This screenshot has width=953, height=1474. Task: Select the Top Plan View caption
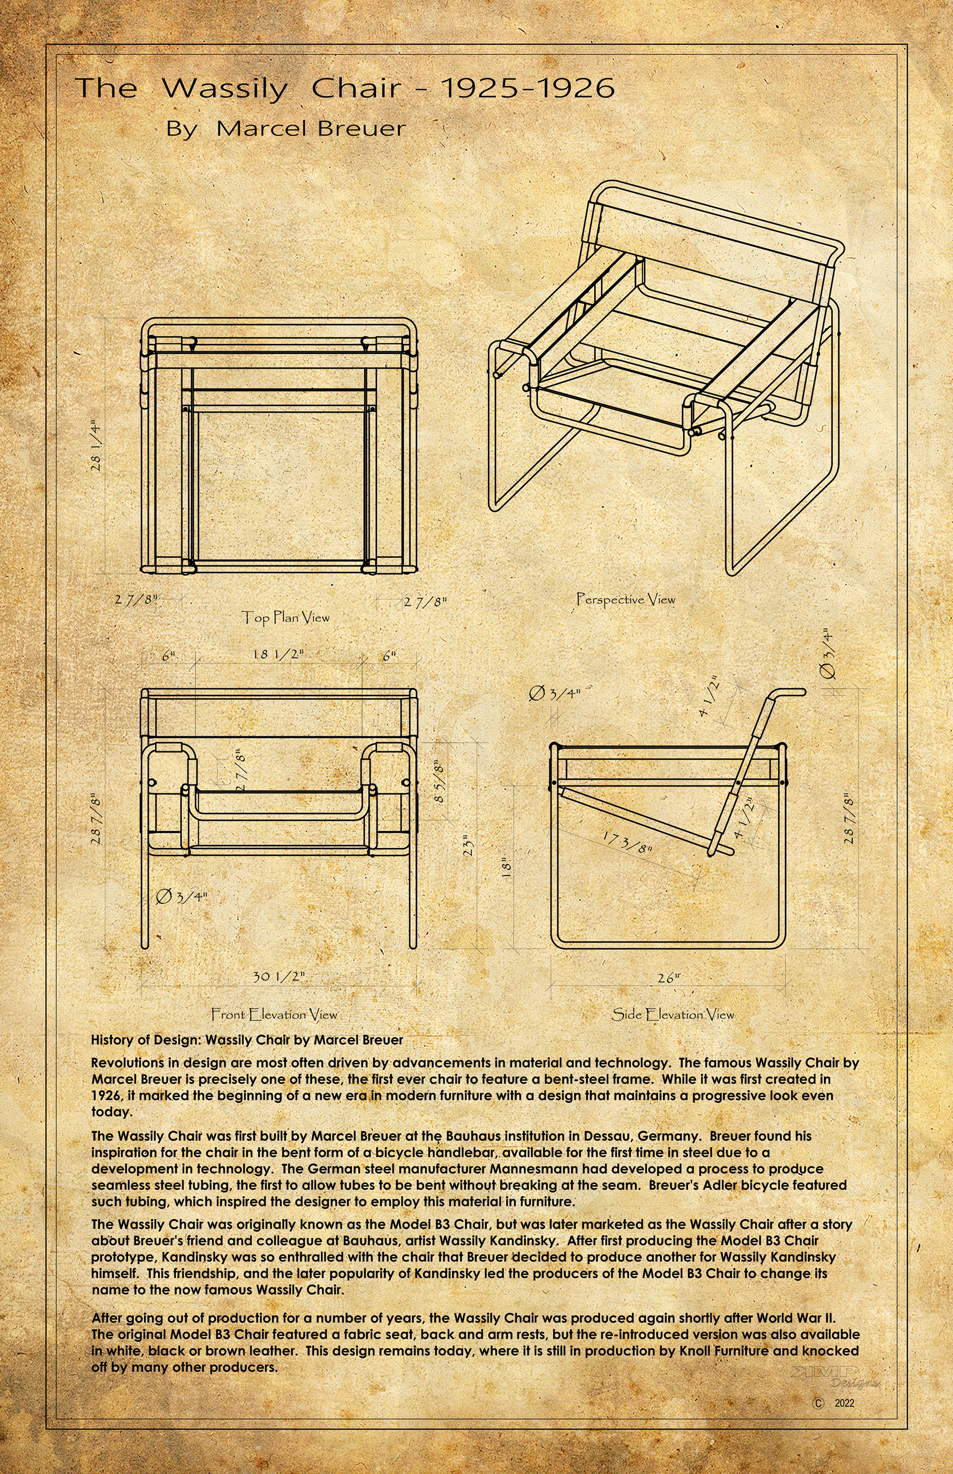[285, 617]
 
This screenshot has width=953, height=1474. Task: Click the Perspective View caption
[626, 599]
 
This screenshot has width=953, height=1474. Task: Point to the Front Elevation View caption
[274, 1014]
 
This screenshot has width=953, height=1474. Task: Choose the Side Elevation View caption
[673, 1014]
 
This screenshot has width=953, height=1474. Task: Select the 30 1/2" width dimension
[278, 976]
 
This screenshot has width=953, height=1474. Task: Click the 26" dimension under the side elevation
[668, 978]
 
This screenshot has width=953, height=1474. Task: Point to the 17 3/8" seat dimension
[627, 843]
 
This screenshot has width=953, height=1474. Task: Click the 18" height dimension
[507, 869]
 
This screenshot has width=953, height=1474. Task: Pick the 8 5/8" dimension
[439, 781]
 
